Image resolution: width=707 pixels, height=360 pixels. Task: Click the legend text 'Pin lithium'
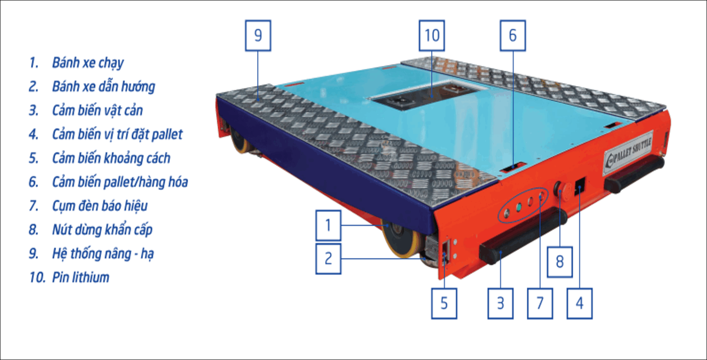click(80, 277)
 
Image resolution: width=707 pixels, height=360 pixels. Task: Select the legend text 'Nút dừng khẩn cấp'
click(102, 229)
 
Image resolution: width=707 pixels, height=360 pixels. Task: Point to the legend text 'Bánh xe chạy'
click(88, 63)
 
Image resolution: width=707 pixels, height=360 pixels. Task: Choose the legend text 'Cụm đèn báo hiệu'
click(99, 206)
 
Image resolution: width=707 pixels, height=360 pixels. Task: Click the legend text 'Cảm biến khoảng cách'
click(111, 158)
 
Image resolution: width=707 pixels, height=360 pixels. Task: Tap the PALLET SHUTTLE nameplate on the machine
click(628, 151)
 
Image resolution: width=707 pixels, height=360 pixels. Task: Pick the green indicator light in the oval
click(518, 207)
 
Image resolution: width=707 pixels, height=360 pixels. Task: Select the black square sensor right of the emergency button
click(580, 185)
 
